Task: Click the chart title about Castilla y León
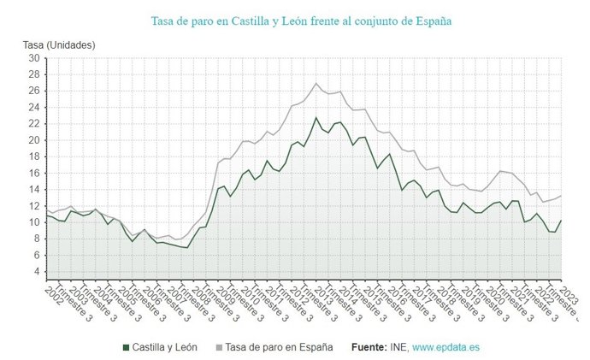301,20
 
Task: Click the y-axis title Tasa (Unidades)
59,44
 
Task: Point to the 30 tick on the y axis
34,58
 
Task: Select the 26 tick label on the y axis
34,91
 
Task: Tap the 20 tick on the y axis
34,140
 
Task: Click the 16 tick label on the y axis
34,173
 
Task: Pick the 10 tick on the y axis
34,222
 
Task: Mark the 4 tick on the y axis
35,271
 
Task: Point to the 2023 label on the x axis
563,294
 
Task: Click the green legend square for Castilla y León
127,348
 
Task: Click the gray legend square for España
220,348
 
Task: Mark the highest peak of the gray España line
316,83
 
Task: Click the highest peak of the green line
316,117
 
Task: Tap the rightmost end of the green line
561,220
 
